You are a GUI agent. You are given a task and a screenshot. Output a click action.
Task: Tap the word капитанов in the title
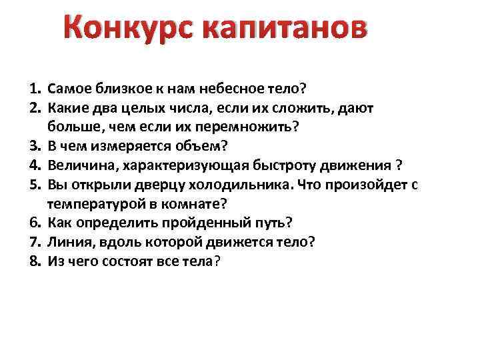pyautogui.click(x=283, y=31)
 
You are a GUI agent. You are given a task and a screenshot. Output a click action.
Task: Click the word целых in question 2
pyautogui.click(x=177, y=105)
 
